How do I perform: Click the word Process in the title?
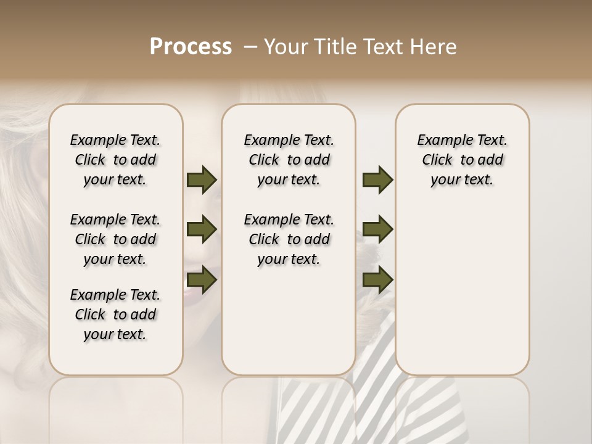191,47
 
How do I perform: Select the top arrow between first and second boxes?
202,180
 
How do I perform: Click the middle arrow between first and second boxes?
202,230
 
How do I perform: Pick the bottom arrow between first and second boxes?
202,280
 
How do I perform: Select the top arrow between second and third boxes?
377,180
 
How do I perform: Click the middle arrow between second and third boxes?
377,230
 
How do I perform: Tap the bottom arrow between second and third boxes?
377,280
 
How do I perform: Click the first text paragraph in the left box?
115,160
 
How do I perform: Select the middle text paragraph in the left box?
115,239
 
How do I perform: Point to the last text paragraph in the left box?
115,314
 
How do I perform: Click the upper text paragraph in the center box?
289,160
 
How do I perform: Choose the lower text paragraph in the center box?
289,239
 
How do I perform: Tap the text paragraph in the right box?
462,160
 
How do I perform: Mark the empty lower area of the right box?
462,290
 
